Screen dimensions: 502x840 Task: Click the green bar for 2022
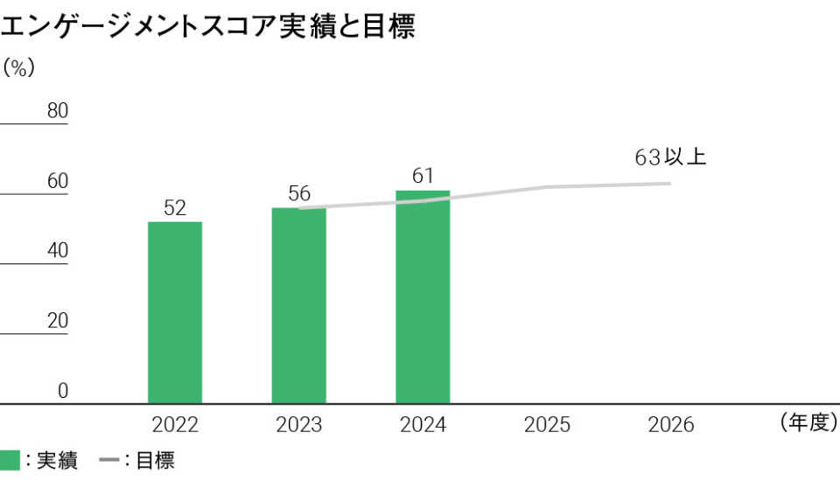point(175,312)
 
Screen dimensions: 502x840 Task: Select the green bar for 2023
point(298,305)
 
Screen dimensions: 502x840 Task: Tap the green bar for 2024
point(423,296)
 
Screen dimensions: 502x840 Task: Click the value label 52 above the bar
point(175,208)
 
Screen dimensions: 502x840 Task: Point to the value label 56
point(299,194)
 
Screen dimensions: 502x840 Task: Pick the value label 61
point(423,176)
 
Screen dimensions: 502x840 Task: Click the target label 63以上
point(670,158)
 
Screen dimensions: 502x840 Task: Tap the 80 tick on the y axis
point(57,111)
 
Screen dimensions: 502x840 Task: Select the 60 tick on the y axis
point(57,181)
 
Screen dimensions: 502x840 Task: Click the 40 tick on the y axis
point(57,251)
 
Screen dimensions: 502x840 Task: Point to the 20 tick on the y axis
point(57,321)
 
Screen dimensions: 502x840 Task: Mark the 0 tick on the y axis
point(62,391)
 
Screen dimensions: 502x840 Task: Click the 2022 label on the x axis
point(175,425)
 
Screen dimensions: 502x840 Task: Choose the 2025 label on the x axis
point(547,425)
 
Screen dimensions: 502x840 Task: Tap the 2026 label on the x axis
point(671,425)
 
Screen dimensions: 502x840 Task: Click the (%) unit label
point(18,67)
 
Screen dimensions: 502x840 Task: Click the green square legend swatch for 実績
point(10,461)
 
